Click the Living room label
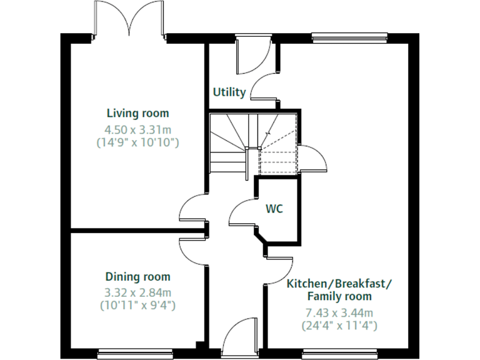(137, 113)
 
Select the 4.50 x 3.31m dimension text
(137, 130)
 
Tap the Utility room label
(229, 92)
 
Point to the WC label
(274, 209)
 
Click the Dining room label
(137, 277)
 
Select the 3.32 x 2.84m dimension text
(137, 291)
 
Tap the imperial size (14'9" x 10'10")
(137, 142)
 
